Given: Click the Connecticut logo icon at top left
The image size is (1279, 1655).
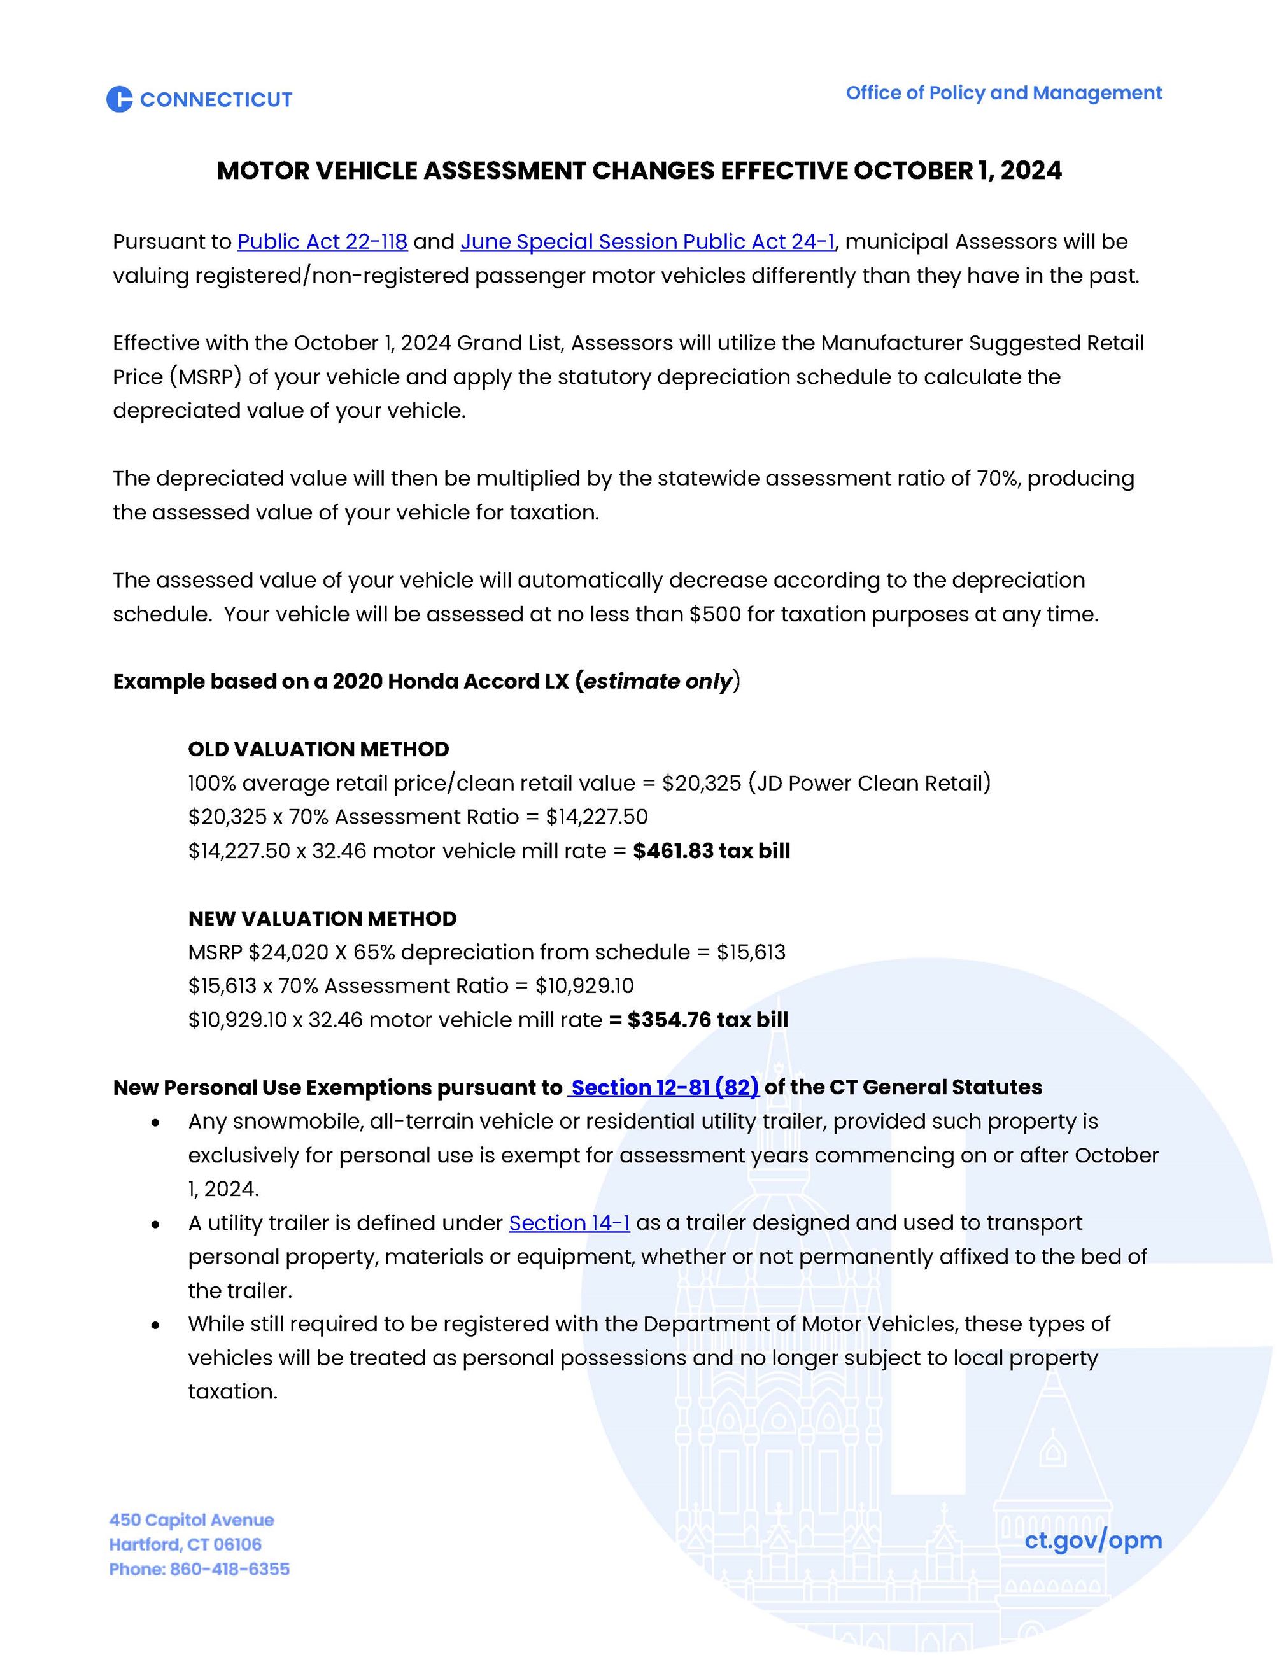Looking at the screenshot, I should [x=119, y=99].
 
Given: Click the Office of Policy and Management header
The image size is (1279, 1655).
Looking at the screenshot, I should [x=1003, y=93].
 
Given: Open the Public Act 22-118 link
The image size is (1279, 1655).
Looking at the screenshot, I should [x=322, y=242].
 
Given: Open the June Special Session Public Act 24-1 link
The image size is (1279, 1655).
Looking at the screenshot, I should [x=647, y=242].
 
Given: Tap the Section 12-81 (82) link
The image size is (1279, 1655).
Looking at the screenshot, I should [x=664, y=1087].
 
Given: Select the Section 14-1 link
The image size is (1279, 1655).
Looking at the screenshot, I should [x=569, y=1223].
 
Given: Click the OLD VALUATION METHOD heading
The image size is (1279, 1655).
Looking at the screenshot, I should [x=318, y=749].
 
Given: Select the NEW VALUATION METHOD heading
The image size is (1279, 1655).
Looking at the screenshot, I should [x=322, y=919].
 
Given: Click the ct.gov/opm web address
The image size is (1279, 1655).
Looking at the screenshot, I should [x=1092, y=1540].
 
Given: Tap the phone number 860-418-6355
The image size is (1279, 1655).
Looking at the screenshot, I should [x=230, y=1569].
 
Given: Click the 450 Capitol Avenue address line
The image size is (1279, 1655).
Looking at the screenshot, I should [x=192, y=1520].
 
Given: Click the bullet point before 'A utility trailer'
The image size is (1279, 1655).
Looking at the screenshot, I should [x=155, y=1225].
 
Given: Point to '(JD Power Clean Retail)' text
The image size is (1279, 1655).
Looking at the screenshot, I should [x=869, y=783].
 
